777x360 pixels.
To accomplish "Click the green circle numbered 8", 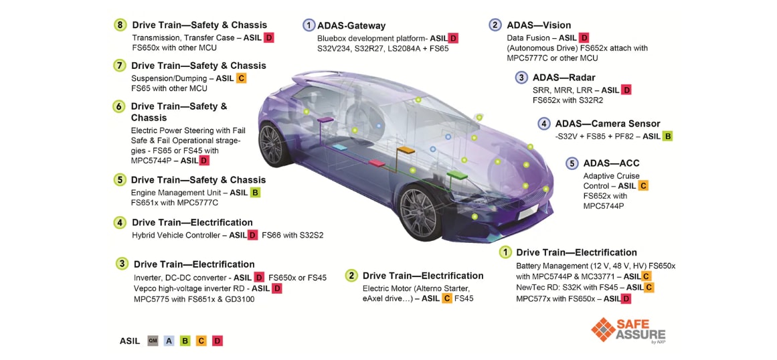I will (120, 25).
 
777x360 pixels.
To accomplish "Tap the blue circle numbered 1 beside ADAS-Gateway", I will (309, 25).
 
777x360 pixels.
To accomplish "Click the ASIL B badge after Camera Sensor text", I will (667, 136).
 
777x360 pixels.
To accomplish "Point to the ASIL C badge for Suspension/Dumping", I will (242, 78).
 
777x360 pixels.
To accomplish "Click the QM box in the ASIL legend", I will (153, 341).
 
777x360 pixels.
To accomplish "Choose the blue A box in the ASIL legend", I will (169, 341).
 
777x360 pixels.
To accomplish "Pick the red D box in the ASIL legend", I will (217, 341).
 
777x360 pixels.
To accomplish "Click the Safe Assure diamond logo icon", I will (603, 330).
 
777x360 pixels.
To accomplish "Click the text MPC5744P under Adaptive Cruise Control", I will (603, 206).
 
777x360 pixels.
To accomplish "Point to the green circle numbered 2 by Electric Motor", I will (351, 275).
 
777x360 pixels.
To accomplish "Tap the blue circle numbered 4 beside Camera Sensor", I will (544, 124).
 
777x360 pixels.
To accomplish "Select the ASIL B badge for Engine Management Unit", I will (255, 193).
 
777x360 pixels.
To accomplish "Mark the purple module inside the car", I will (325, 119).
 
